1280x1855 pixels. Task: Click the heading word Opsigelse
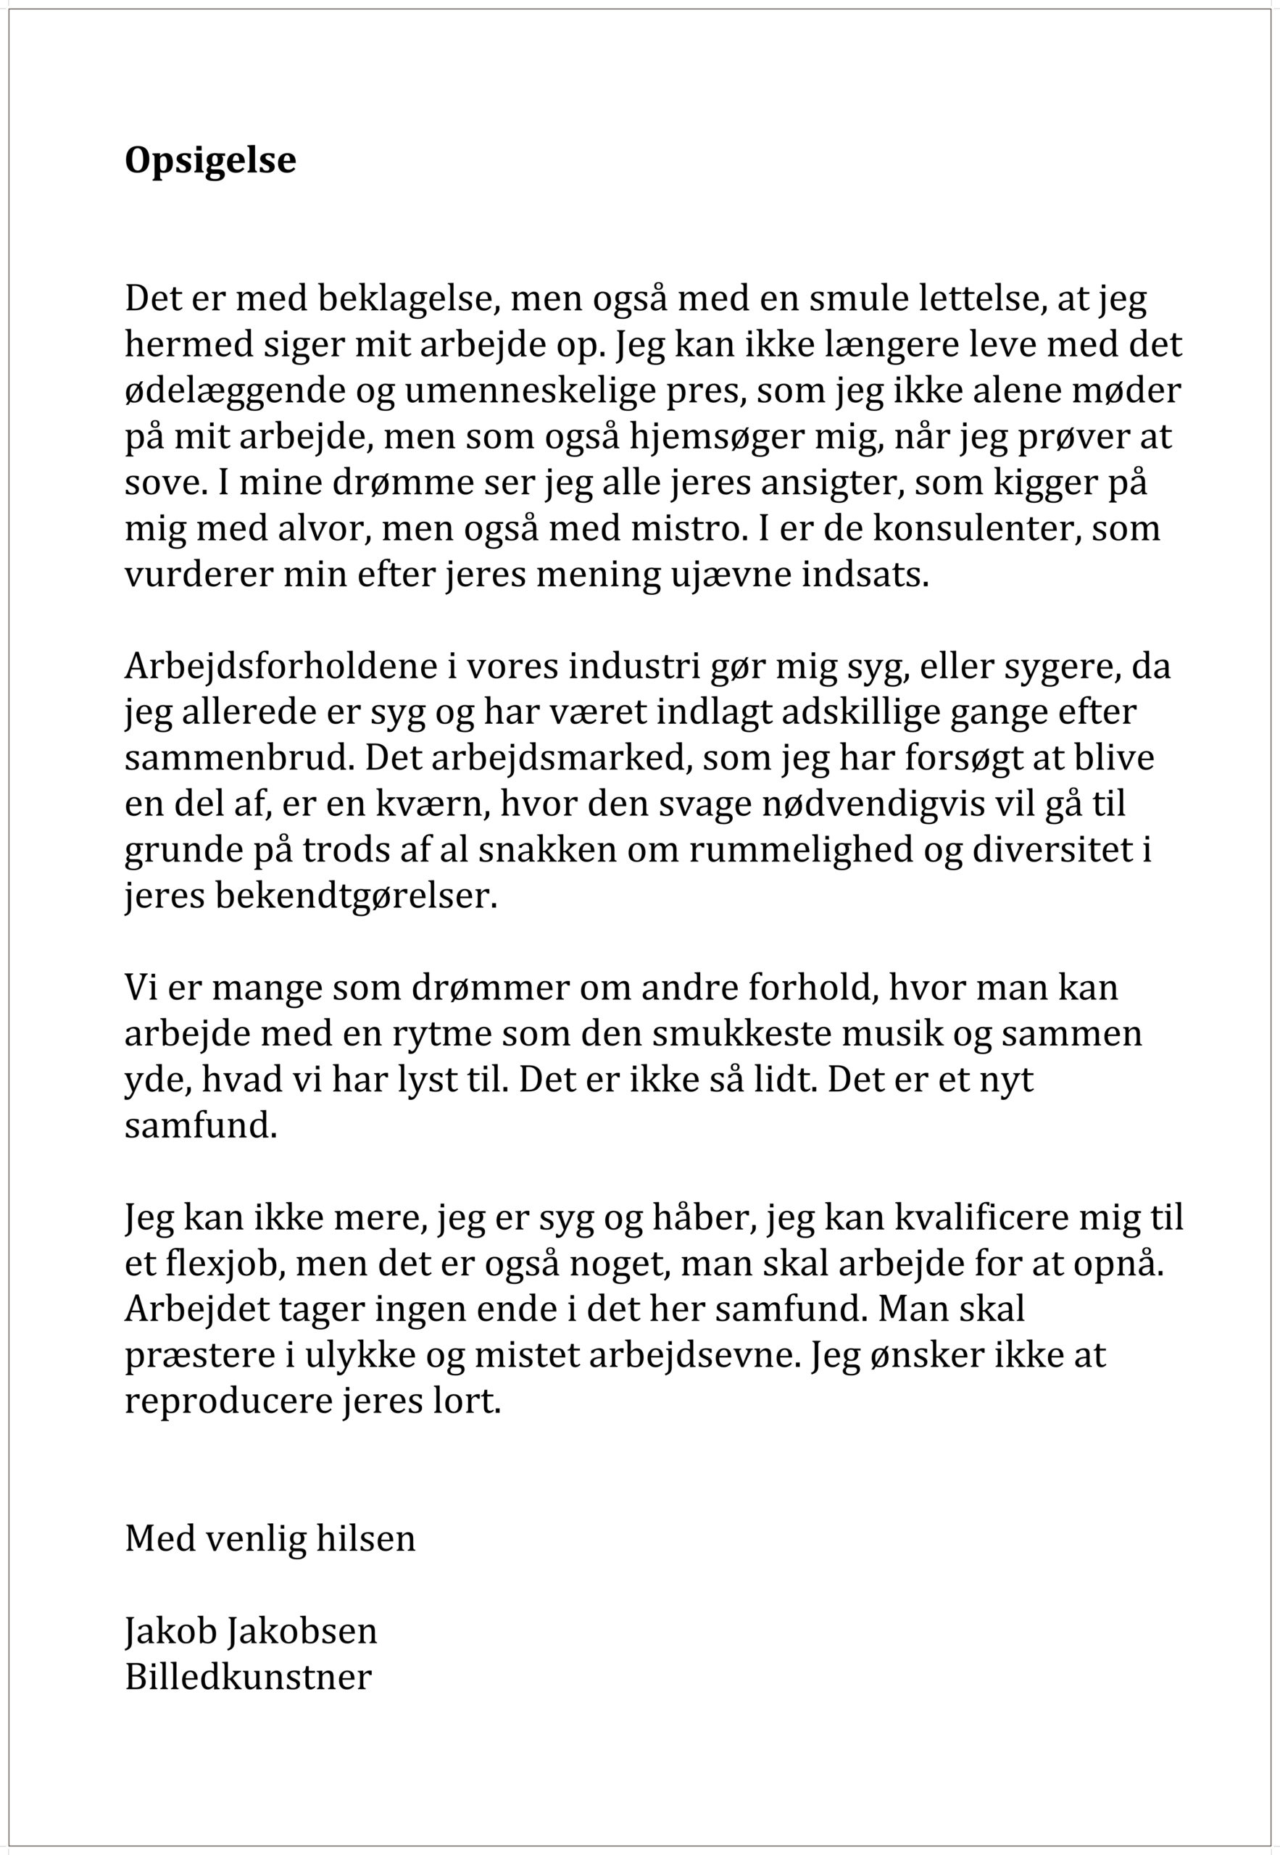[210, 160]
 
